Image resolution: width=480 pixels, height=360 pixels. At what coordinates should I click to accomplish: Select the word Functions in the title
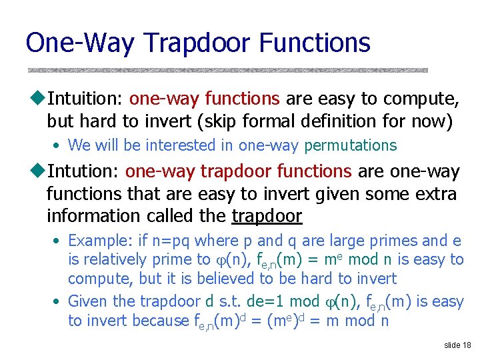coord(315,43)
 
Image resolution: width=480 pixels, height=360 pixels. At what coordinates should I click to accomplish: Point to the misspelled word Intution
coord(83,172)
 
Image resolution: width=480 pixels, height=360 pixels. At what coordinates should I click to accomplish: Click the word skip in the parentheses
coord(220,122)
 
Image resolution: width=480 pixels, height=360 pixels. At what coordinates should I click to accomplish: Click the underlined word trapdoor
coord(267,217)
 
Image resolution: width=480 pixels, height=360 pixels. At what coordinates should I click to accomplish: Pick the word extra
coord(434,195)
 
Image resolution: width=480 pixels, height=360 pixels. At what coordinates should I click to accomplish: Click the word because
coord(161,321)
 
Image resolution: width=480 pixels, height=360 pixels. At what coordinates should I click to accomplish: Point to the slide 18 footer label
coord(457,345)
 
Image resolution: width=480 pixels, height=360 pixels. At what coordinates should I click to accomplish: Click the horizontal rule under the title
coord(227,69)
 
